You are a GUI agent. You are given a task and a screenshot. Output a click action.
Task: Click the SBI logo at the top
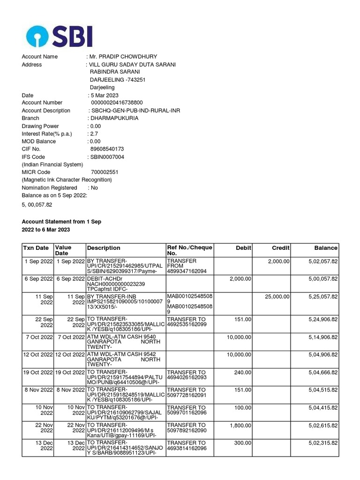59,36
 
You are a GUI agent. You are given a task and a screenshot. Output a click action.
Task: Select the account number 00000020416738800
117,103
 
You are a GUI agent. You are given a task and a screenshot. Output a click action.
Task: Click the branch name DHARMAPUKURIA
114,118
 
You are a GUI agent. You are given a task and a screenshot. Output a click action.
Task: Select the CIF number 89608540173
107,149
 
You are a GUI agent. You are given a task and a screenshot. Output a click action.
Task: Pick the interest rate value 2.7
94,134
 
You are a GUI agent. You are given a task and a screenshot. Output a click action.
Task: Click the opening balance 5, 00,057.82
37,205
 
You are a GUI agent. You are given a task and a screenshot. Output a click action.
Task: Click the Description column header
104,248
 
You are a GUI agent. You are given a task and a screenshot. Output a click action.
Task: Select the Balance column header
325,248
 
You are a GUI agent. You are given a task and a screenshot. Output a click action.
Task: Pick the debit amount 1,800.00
240,425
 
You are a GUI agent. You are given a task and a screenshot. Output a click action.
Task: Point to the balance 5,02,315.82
322,443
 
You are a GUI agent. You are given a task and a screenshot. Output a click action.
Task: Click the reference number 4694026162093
187,377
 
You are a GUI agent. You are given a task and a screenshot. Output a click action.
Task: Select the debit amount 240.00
243,372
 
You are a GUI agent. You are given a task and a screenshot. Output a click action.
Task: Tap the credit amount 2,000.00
278,262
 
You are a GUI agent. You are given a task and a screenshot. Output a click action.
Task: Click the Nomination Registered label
49,187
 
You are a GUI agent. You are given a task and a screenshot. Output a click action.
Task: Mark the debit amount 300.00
243,443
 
